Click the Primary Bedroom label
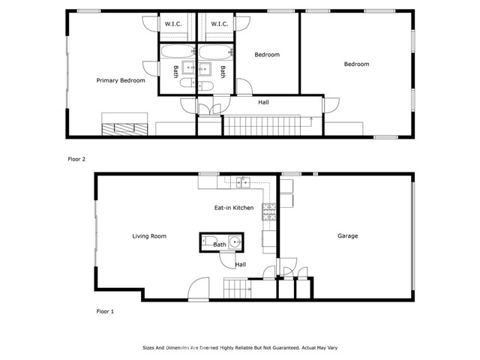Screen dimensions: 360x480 (x=120, y=80)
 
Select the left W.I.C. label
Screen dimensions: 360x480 (x=174, y=24)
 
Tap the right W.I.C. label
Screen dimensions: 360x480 (x=219, y=24)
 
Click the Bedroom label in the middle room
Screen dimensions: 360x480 (x=267, y=55)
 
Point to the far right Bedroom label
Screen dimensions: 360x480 (x=356, y=64)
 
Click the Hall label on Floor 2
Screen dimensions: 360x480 (x=263, y=102)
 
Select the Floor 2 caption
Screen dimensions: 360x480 (x=77, y=160)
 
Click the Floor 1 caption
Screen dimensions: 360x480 (x=105, y=310)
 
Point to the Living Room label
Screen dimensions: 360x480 (x=149, y=236)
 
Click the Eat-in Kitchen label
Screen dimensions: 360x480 (x=234, y=208)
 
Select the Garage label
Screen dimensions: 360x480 (x=347, y=236)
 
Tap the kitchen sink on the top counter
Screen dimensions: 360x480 (x=241, y=181)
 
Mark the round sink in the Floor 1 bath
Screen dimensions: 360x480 (x=234, y=243)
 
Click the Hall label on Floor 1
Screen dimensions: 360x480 (x=240, y=264)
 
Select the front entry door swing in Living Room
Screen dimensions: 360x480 (x=199, y=289)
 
